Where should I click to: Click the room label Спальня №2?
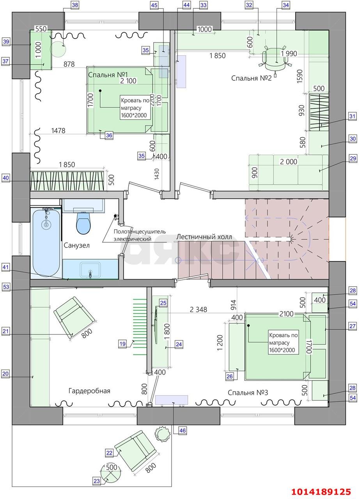coord(251,78)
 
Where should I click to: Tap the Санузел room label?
coord(77,246)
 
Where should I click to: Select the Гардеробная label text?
coord(89,391)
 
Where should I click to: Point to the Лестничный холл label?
coord(204,237)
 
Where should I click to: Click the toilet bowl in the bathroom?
coord(83,222)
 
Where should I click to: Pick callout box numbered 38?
coord(75,5)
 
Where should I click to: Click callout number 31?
coord(352,116)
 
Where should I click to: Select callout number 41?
coord(6,267)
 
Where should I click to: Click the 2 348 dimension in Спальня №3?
coord(199,310)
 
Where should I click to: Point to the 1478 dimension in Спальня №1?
coord(58,131)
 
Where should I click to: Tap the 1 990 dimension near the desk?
coord(289,54)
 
